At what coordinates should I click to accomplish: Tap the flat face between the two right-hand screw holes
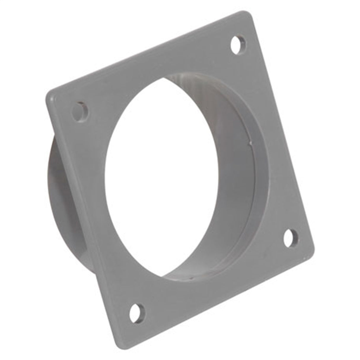coord(273,142)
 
